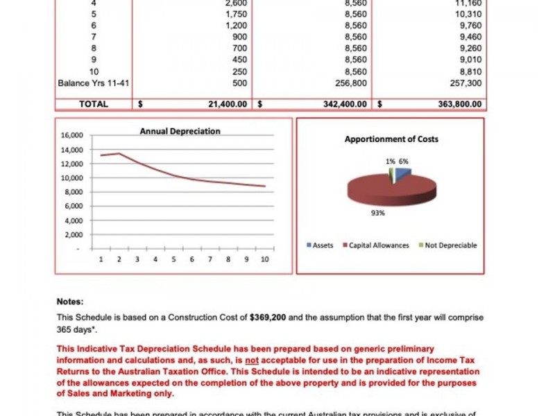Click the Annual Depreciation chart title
[180, 131]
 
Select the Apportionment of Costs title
[391, 139]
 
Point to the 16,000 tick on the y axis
[72, 135]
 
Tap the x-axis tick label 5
[173, 259]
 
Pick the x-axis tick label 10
[264, 259]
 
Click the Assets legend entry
[323, 245]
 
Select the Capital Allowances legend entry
[379, 245]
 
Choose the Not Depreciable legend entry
[450, 245]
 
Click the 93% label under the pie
[377, 214]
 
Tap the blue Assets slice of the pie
[403, 171]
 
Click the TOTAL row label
[94, 104]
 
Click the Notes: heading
[69, 302]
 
